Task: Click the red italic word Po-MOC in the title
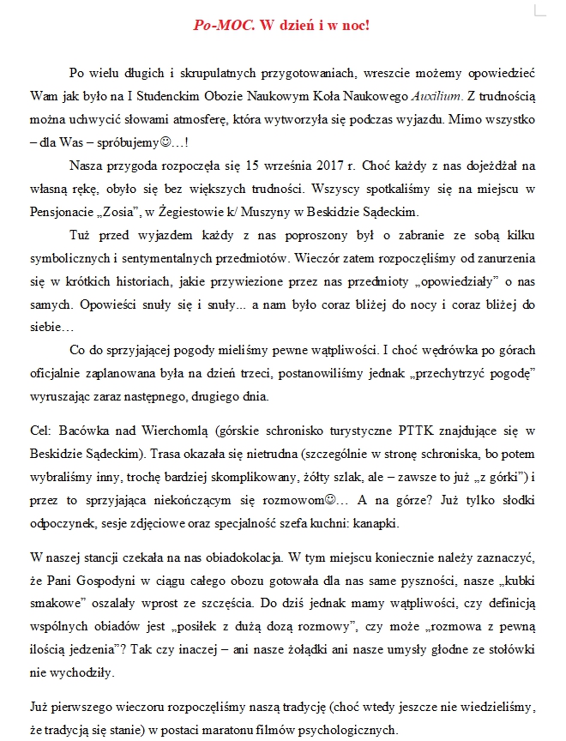coord(224,26)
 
